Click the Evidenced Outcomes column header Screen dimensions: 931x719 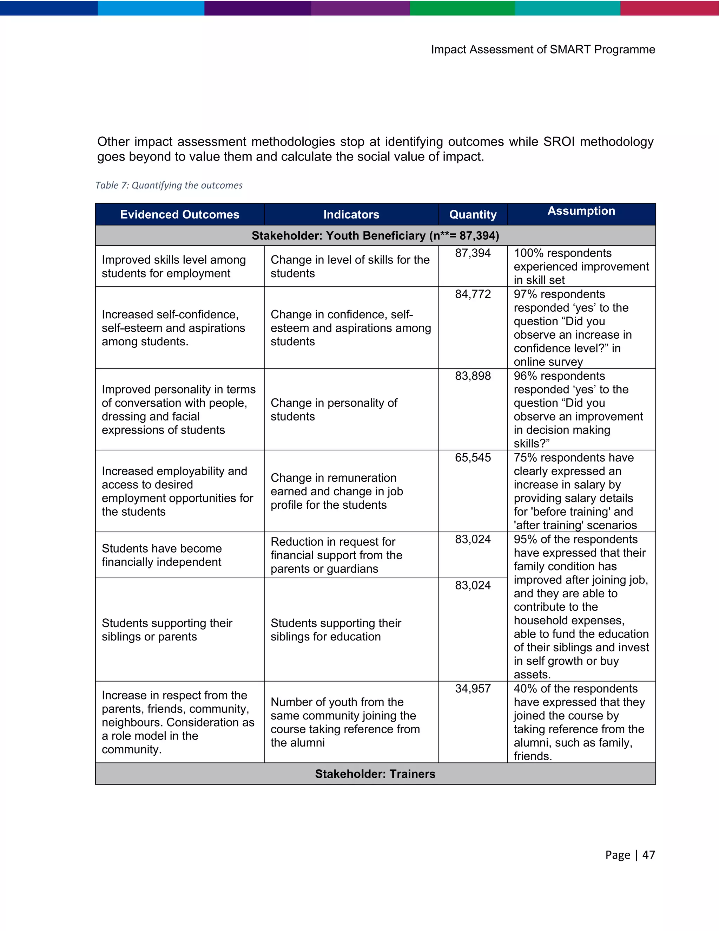coord(179,214)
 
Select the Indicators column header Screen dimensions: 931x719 coord(351,214)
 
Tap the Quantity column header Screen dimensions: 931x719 coord(473,214)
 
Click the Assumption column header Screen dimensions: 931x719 coord(581,211)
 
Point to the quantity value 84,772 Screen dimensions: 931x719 coord(473,294)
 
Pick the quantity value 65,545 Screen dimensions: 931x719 coord(473,457)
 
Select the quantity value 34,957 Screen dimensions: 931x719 coord(473,689)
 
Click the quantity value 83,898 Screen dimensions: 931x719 coord(473,376)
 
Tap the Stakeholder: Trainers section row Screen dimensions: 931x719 coord(375,774)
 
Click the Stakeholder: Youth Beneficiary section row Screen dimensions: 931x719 coord(375,236)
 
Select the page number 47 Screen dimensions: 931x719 coord(648,855)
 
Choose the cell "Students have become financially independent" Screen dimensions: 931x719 coord(162,555)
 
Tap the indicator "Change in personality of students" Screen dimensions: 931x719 coord(334,409)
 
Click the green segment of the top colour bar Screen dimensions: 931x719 coord(462,8)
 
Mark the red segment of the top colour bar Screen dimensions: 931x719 coord(669,8)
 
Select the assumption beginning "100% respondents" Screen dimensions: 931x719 coord(581,266)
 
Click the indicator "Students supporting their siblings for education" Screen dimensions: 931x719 coord(336,630)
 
